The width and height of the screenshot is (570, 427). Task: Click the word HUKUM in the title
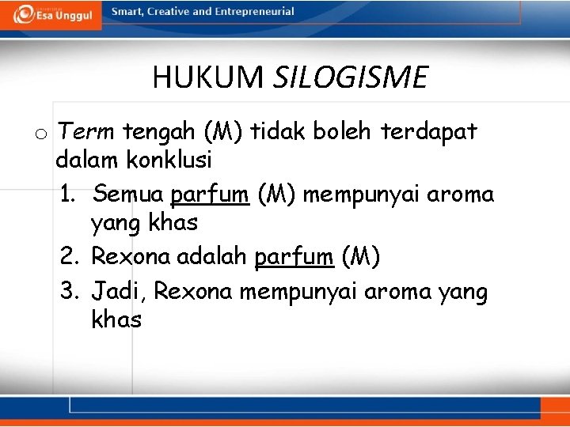[x=208, y=77]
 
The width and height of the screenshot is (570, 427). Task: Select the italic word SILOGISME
[x=350, y=77]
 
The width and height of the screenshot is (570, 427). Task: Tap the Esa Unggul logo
[x=51, y=14]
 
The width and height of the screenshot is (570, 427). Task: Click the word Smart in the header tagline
[x=127, y=12]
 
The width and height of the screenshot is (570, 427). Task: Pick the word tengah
[x=159, y=131]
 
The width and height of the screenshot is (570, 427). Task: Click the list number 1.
[x=68, y=194]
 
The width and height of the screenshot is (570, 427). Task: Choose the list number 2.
[x=69, y=257]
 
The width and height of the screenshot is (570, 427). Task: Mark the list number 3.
[x=69, y=292]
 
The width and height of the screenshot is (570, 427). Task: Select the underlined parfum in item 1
[x=210, y=194]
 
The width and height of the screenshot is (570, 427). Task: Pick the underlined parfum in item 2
[x=294, y=257]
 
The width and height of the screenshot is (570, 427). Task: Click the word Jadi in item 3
[x=116, y=292]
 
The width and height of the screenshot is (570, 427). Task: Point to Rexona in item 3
[x=193, y=292]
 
